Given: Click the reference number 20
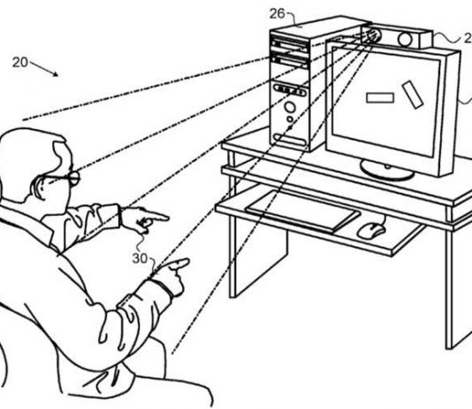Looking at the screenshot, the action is click(20, 62).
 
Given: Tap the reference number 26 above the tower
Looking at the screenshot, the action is click(277, 14).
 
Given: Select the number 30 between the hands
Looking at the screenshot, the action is click(140, 259).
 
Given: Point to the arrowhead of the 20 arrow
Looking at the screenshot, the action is click(55, 73).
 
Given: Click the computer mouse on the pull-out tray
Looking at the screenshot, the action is click(371, 231).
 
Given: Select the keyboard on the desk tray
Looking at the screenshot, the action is click(302, 211).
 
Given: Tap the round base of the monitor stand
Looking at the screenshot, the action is click(387, 170).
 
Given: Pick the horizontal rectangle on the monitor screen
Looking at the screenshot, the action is click(380, 97).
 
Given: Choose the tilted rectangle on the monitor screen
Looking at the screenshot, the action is click(413, 95).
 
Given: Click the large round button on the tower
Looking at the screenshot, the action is click(290, 107).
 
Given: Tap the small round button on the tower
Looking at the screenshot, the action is click(290, 120).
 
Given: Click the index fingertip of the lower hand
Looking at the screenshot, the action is click(187, 262).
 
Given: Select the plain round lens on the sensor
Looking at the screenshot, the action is click(405, 40).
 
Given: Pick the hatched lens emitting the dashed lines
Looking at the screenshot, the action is click(375, 35).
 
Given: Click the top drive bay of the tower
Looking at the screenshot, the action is click(289, 44).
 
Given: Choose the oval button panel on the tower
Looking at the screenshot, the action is click(290, 90).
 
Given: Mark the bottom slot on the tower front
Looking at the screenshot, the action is click(290, 139).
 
